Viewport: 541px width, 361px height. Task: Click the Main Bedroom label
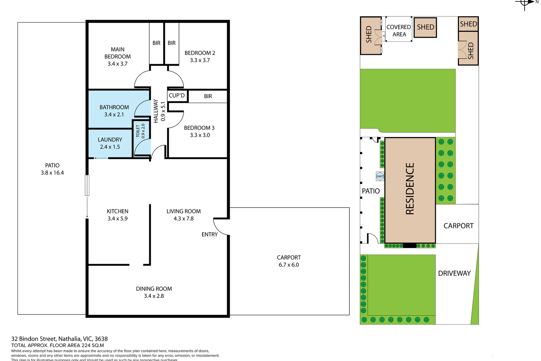[118, 53]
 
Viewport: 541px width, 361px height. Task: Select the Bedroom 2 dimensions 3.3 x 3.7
[200, 61]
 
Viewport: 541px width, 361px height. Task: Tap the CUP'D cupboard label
[177, 96]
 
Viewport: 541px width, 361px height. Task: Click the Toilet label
[138, 131]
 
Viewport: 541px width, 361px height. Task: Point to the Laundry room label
[110, 140]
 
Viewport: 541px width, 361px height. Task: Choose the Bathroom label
[114, 107]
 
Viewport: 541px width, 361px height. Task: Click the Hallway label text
[156, 111]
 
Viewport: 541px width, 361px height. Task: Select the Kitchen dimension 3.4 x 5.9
[118, 219]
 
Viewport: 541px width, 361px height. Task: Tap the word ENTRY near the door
[209, 235]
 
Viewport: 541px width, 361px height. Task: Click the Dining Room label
[154, 289]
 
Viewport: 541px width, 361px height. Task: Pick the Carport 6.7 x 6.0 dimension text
[289, 265]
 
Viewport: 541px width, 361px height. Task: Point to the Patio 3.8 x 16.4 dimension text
[52, 173]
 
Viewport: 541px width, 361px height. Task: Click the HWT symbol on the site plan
[380, 176]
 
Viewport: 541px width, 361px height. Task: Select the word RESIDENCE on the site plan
[410, 189]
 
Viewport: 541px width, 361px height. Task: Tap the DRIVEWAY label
[454, 273]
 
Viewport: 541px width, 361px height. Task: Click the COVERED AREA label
[399, 31]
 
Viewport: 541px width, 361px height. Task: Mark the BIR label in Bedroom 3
[208, 96]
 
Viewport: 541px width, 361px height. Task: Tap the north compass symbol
[525, 3]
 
